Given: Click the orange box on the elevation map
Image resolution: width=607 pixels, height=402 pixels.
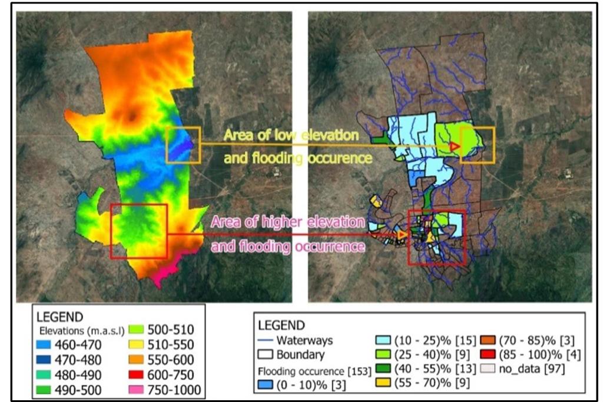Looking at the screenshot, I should [183, 145].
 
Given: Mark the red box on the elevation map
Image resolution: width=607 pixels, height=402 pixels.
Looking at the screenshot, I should [140, 231].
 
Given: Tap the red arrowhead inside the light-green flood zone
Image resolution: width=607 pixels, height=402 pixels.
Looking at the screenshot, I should [454, 146].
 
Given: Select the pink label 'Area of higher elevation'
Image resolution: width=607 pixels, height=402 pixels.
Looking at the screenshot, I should [287, 222].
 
